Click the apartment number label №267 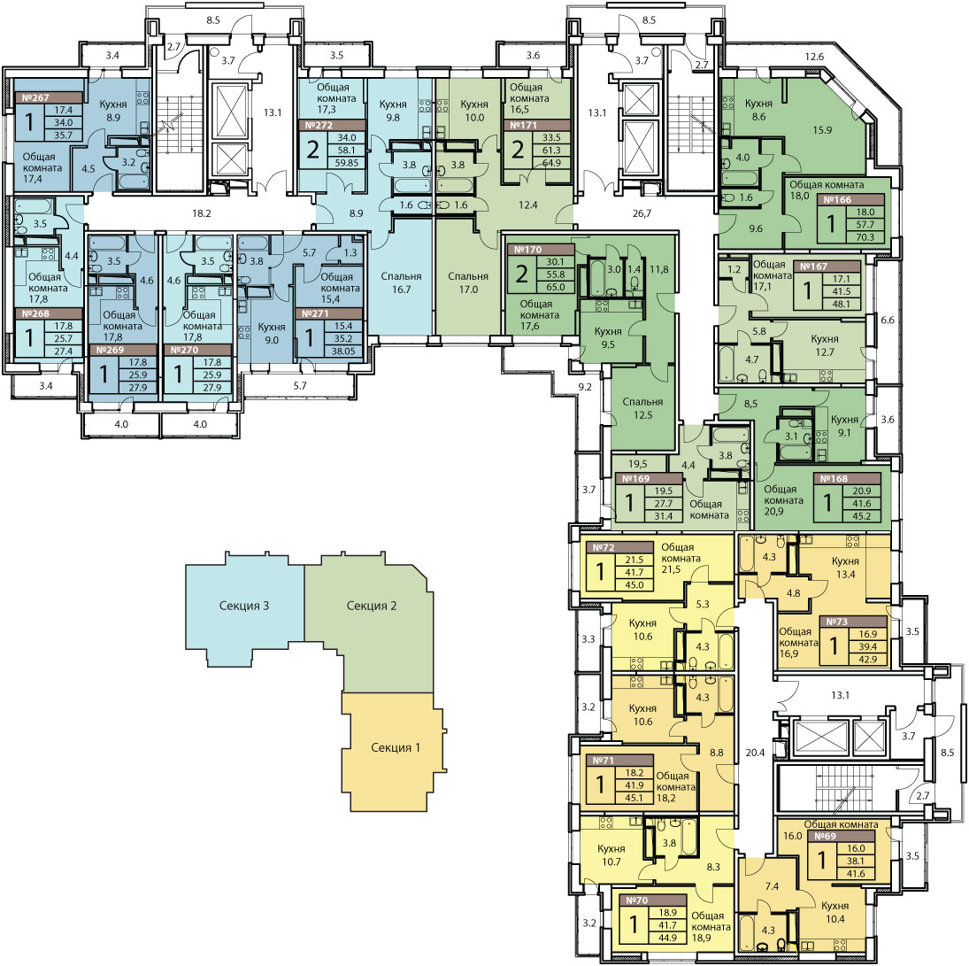[35, 97]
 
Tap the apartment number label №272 [319, 125]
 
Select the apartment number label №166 [837, 200]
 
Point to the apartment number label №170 [527, 250]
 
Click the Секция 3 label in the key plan [244, 606]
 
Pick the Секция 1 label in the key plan [396, 747]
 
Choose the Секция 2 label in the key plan [372, 606]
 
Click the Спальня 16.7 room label [401, 282]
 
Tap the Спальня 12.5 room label [642, 408]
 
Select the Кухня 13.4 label [845, 568]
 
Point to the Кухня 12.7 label [825, 345]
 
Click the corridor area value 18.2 [202, 213]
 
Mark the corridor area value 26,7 [642, 214]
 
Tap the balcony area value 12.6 [814, 57]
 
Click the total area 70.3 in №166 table [865, 237]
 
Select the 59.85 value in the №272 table [344, 163]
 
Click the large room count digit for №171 [518, 150]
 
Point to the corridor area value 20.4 [755, 753]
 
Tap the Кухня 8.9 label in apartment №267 [113, 111]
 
